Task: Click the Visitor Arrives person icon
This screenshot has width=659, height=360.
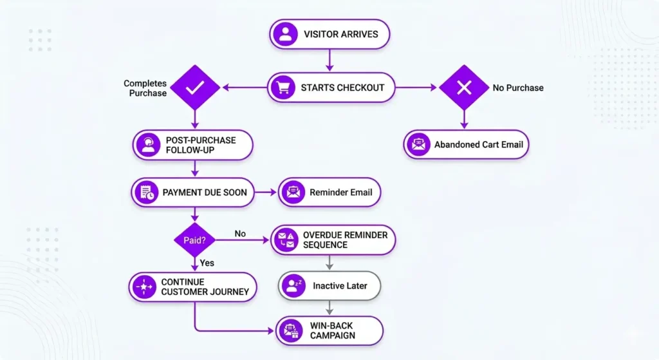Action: tap(284, 34)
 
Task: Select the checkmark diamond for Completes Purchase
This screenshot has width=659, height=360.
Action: tap(194, 88)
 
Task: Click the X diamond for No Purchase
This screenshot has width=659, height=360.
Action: tap(464, 88)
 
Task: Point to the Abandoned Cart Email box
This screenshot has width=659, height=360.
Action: tap(466, 145)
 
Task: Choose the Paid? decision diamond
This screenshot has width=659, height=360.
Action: tap(194, 240)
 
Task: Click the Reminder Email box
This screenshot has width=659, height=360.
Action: tap(329, 192)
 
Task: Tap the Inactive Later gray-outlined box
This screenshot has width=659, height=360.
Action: tap(329, 285)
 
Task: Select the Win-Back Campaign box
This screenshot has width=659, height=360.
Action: tap(329, 330)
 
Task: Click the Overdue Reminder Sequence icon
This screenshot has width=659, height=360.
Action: tap(286, 240)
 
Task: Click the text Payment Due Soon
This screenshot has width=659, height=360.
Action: tap(205, 192)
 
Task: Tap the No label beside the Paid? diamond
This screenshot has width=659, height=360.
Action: tap(240, 233)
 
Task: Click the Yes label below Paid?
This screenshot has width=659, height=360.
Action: tap(207, 263)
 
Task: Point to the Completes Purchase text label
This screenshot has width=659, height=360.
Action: tap(145, 88)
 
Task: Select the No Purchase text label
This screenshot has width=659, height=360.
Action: tap(518, 88)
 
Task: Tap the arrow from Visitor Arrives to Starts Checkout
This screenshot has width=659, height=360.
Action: tap(329, 60)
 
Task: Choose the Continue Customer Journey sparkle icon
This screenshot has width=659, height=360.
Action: tap(144, 287)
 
